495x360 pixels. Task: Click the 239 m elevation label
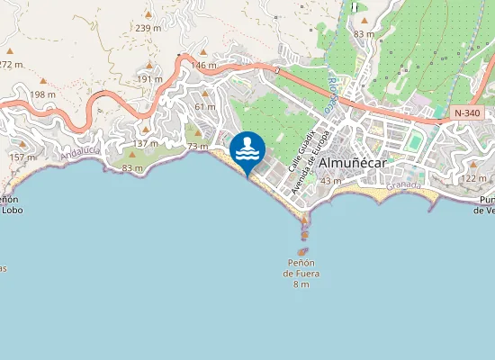[x=148, y=28]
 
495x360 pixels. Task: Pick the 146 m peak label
[x=204, y=66]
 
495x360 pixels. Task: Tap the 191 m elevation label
[x=149, y=79]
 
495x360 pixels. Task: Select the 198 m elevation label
[x=42, y=94]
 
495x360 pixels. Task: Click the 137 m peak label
[x=145, y=144]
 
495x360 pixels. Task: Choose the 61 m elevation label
[x=204, y=107]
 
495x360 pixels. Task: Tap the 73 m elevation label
[x=197, y=146]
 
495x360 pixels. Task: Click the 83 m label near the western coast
[x=131, y=168]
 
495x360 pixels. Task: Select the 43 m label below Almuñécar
[x=330, y=181]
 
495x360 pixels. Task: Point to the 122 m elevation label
[x=473, y=179]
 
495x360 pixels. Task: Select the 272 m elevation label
[x=11, y=65]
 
